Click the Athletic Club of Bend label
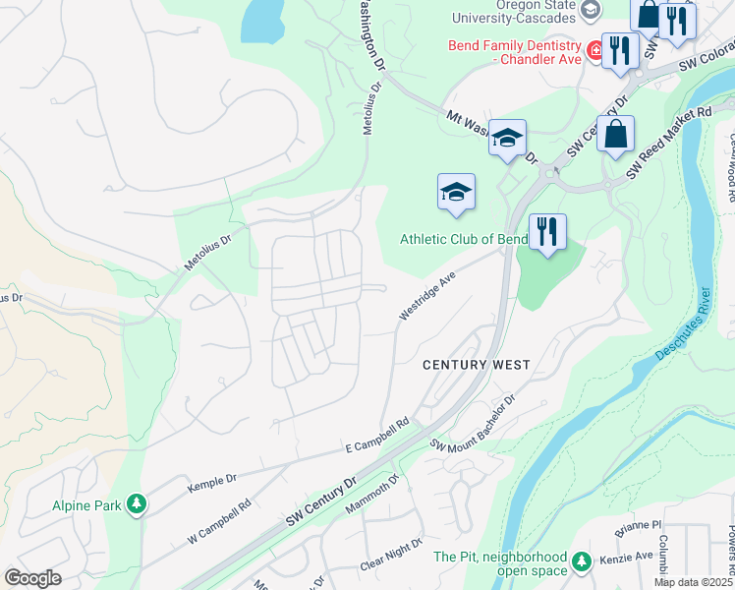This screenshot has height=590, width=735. [x=464, y=239]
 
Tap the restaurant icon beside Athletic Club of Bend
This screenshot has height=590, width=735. [x=547, y=232]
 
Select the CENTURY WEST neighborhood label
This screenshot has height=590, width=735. [x=477, y=365]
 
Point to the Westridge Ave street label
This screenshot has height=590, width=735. [x=428, y=296]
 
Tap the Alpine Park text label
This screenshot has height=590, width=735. [x=86, y=506]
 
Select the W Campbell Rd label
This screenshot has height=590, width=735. [x=219, y=520]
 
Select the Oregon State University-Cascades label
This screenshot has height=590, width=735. [x=515, y=11]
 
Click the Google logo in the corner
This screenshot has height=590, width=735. [x=32, y=578]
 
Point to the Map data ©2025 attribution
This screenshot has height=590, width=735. [x=693, y=582]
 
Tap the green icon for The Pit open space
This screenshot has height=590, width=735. [x=583, y=560]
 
